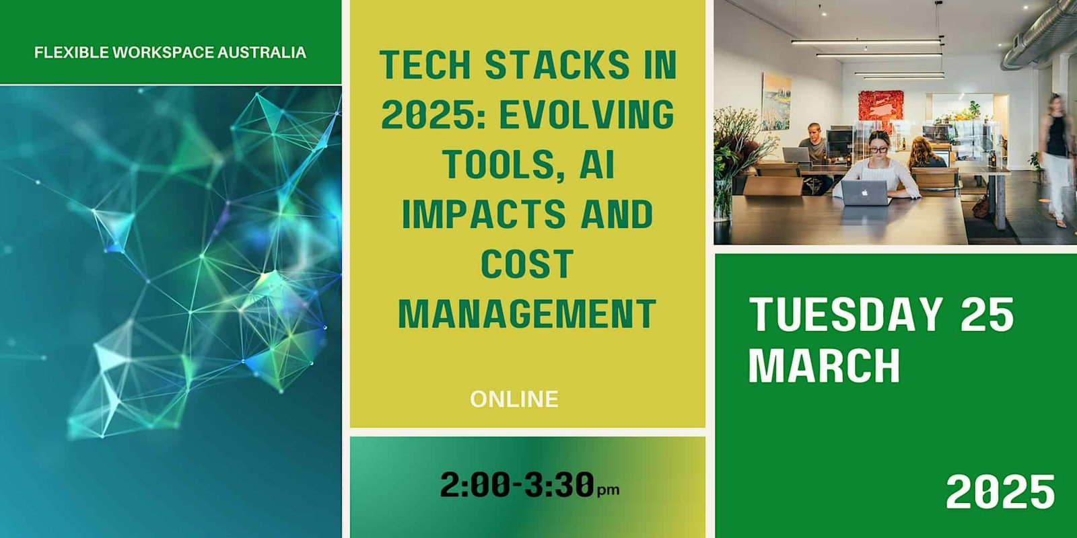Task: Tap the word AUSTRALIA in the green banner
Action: pyautogui.click(x=262, y=52)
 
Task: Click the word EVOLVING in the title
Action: pyautogui.click(x=586, y=115)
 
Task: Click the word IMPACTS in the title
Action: pyautogui.click(x=484, y=215)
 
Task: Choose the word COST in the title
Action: pyautogui.click(x=528, y=264)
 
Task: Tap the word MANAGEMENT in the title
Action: pyautogui.click(x=528, y=313)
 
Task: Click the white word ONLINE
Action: pyautogui.click(x=514, y=399)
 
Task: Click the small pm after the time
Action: pyautogui.click(x=609, y=490)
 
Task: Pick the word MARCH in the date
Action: pyautogui.click(x=824, y=365)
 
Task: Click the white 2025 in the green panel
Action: pyautogui.click(x=1000, y=492)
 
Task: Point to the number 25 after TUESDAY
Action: pyautogui.click(x=987, y=314)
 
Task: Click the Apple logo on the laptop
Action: pyautogui.click(x=865, y=193)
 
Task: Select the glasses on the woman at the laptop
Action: pyautogui.click(x=878, y=149)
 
